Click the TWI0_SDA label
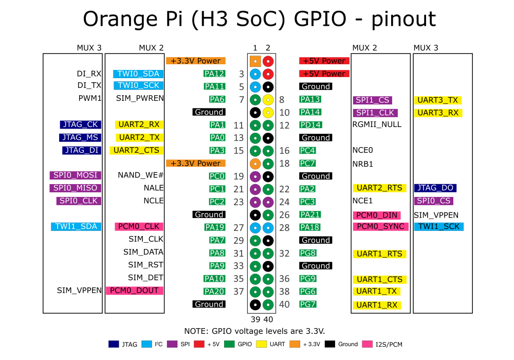pos(138,74)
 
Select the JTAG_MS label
pos(80,137)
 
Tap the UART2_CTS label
pos(136,150)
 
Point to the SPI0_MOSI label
pos(75,175)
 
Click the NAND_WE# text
pos(140,175)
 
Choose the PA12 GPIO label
pos(214,74)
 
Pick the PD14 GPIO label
pos(311,124)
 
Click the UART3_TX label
pos(437,100)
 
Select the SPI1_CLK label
pos(375,113)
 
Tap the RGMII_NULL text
pos(377,124)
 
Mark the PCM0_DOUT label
pos(134,291)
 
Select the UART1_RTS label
pos(380,254)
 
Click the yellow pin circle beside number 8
pos(268,99)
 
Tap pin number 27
pos(238,227)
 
